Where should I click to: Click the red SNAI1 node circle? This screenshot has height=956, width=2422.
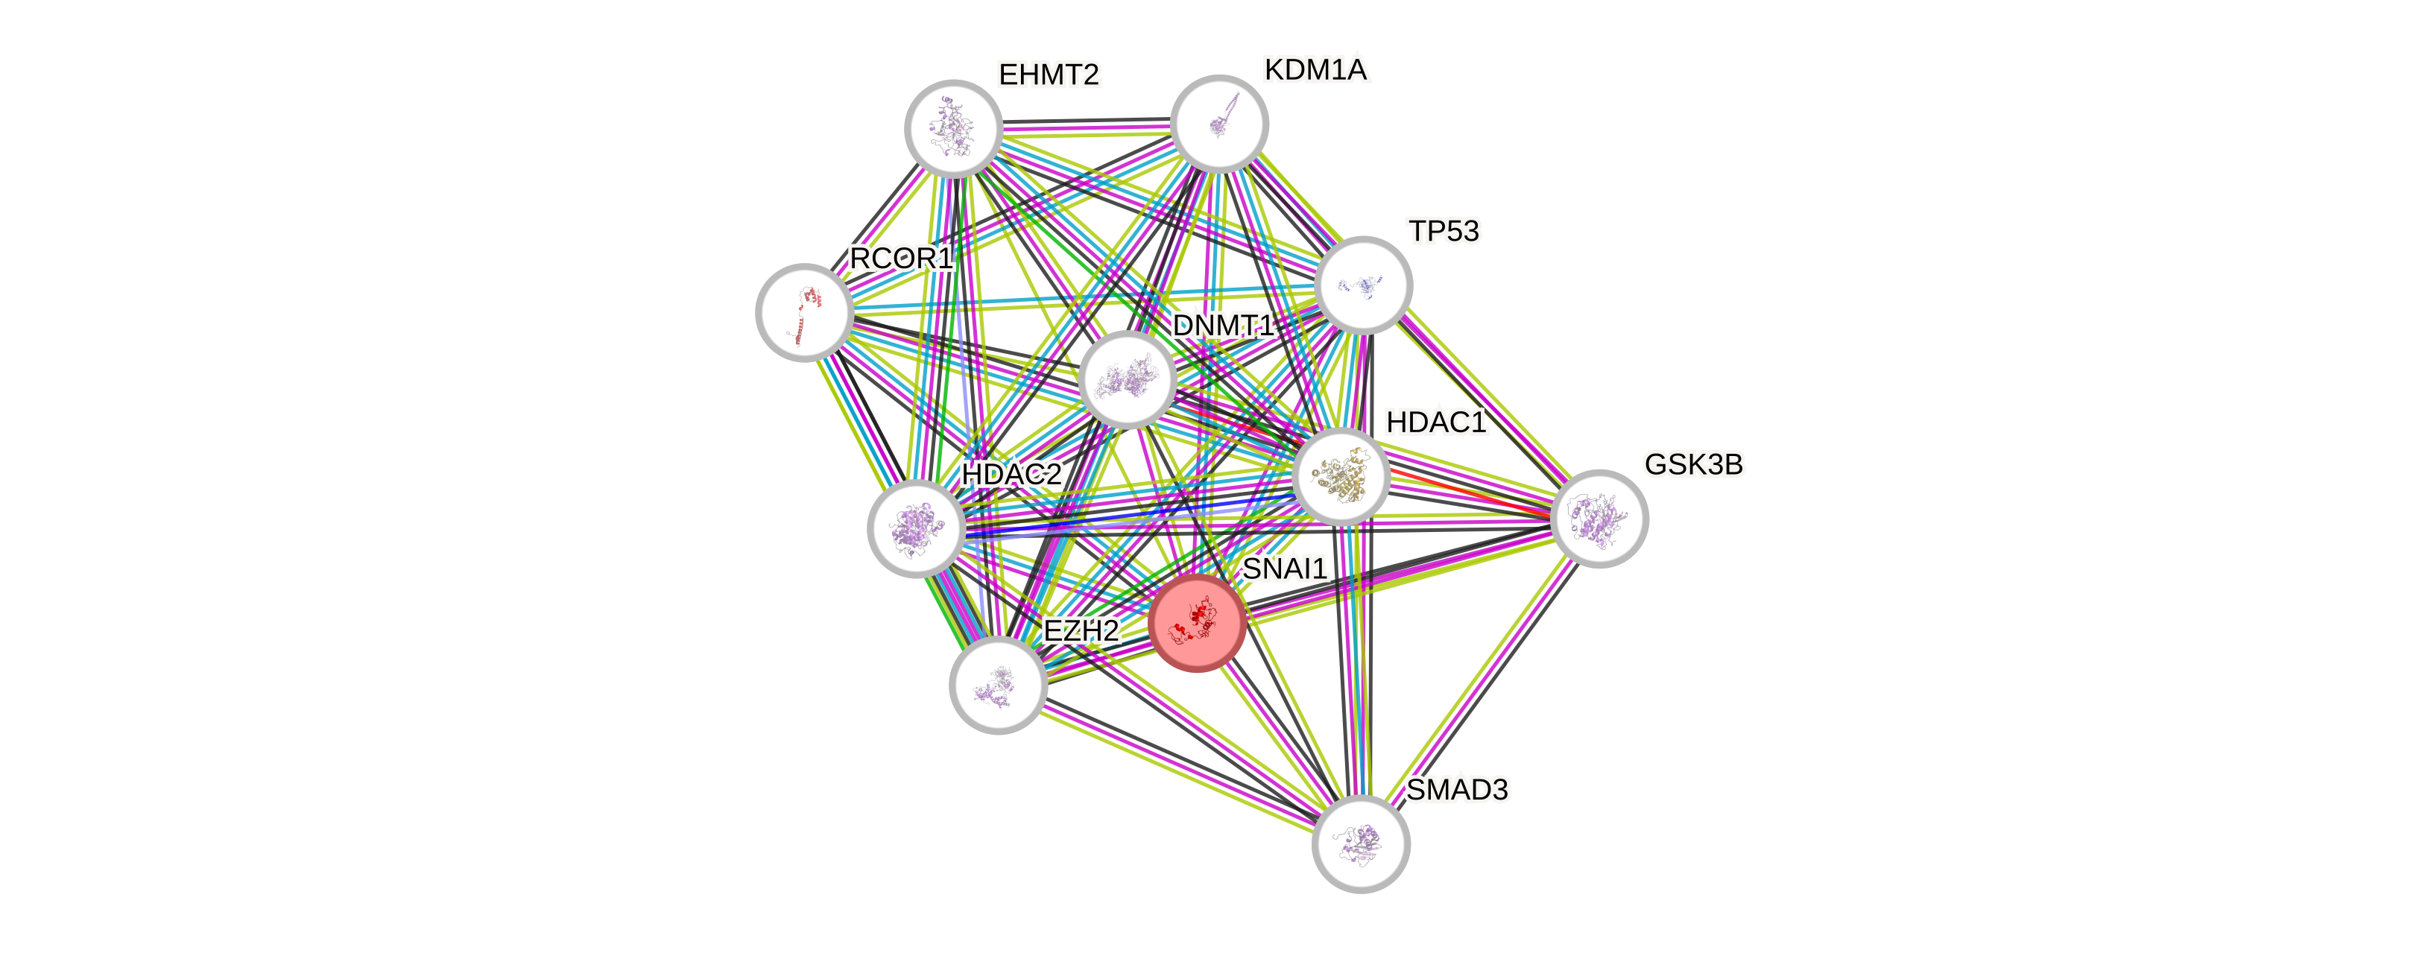coord(1197,623)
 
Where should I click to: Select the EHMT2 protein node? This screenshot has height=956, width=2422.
coord(953,128)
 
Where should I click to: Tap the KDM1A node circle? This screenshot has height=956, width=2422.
coord(1219,123)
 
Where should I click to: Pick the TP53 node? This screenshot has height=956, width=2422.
coord(1362,285)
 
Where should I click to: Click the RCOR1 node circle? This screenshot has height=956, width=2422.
coord(804,312)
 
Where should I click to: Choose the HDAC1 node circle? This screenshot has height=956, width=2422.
coord(1341,475)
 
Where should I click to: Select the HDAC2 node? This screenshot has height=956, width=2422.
coord(916,528)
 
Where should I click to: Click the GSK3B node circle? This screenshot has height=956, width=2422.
coord(1599,519)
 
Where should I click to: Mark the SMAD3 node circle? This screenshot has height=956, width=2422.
coord(1361,843)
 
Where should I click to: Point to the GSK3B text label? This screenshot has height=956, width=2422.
coord(1693,464)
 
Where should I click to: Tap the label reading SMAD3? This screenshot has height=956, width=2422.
coord(1458,791)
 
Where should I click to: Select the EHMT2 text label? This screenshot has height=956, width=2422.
coord(1049,75)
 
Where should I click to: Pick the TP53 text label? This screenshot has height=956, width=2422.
coord(1444,231)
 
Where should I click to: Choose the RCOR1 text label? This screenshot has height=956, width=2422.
coord(901,258)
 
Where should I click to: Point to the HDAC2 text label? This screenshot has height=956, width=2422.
coord(1012,475)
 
